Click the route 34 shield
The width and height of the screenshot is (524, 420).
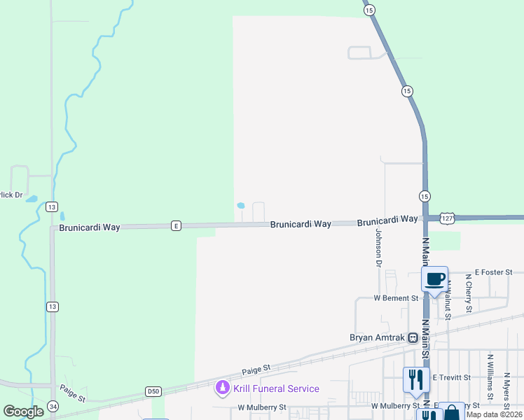click(x=53, y=406)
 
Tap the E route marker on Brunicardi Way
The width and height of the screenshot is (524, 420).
click(x=176, y=225)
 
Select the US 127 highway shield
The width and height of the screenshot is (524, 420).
click(x=448, y=218)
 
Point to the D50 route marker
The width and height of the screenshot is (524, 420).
click(x=153, y=390)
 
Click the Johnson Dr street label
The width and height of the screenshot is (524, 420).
click(x=378, y=248)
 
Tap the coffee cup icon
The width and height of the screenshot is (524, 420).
click(x=434, y=279)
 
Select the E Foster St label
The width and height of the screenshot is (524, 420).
click(x=494, y=272)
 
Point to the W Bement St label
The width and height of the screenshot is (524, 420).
click(x=396, y=298)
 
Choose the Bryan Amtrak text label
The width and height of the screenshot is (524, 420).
click(x=378, y=337)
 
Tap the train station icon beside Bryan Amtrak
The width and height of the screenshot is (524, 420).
click(x=413, y=337)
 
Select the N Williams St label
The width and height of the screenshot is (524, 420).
click(x=490, y=373)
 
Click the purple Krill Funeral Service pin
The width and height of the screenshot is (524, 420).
click(x=222, y=387)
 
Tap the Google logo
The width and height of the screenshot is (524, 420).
click(x=23, y=412)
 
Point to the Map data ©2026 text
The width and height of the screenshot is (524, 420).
click(x=494, y=414)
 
